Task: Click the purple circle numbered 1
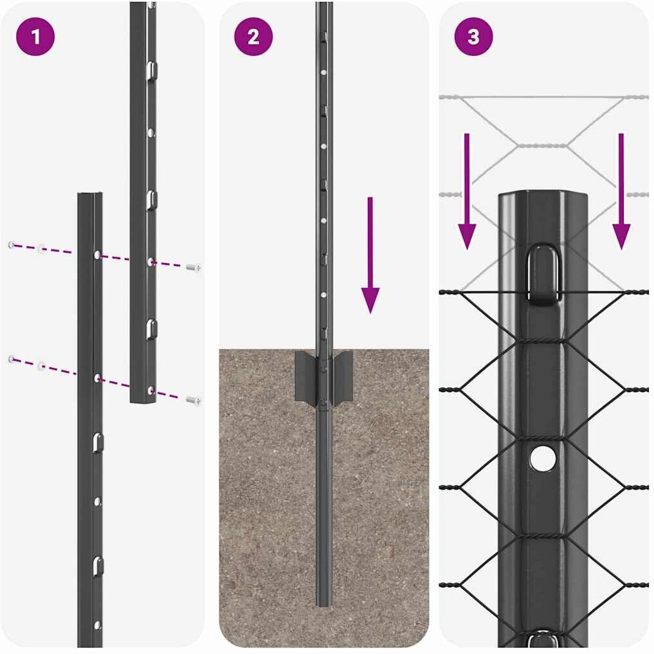[x=35, y=37]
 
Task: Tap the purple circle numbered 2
[x=253, y=37]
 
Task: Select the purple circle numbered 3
[x=473, y=37]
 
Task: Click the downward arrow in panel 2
[x=370, y=255]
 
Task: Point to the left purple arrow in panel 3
[x=467, y=192]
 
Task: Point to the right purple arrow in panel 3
[x=621, y=192]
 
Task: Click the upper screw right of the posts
[x=193, y=268]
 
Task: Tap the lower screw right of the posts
[x=193, y=401]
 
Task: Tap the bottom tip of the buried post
[x=323, y=604]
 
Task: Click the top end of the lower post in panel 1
[x=90, y=194]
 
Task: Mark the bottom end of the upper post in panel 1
[x=143, y=401]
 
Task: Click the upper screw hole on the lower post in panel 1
[x=97, y=255]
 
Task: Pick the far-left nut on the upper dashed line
[x=12, y=245]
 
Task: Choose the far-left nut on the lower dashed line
[x=12, y=359]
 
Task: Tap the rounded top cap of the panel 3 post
[x=543, y=197]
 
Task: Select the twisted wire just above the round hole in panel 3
[x=543, y=437]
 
